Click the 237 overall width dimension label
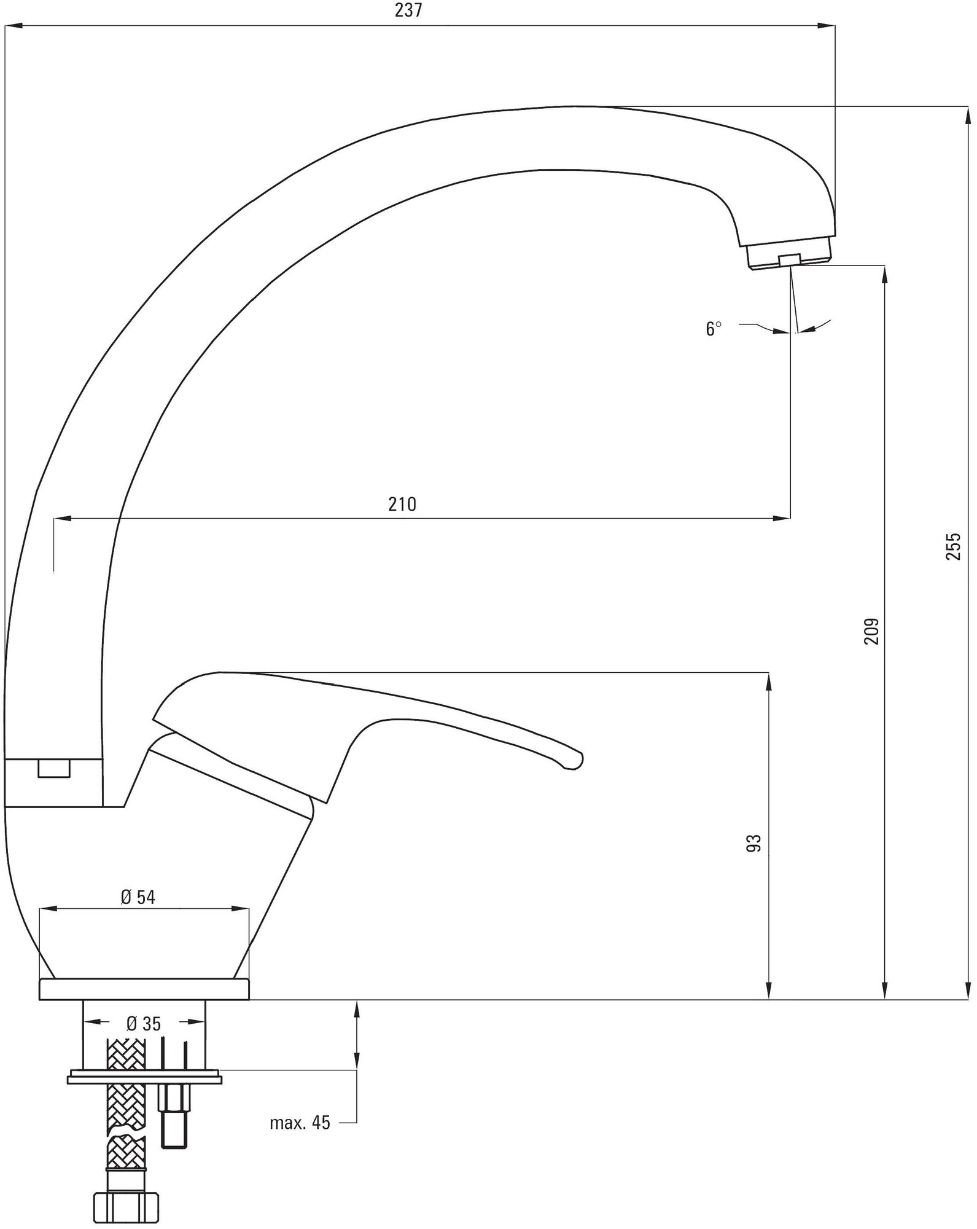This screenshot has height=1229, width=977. pyautogui.click(x=410, y=11)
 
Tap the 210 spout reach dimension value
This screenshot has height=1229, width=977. pyautogui.click(x=402, y=505)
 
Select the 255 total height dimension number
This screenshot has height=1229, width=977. pyautogui.click(x=952, y=546)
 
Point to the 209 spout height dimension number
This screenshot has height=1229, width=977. pyautogui.click(x=871, y=630)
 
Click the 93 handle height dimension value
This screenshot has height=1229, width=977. pyautogui.click(x=754, y=842)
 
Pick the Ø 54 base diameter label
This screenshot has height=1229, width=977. pyautogui.click(x=138, y=898)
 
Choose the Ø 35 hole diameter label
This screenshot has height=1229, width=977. pyautogui.click(x=144, y=1024)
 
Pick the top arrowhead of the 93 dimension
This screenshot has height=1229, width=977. pyautogui.click(x=768, y=682)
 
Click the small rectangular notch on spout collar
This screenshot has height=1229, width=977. pyautogui.click(x=54, y=769)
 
